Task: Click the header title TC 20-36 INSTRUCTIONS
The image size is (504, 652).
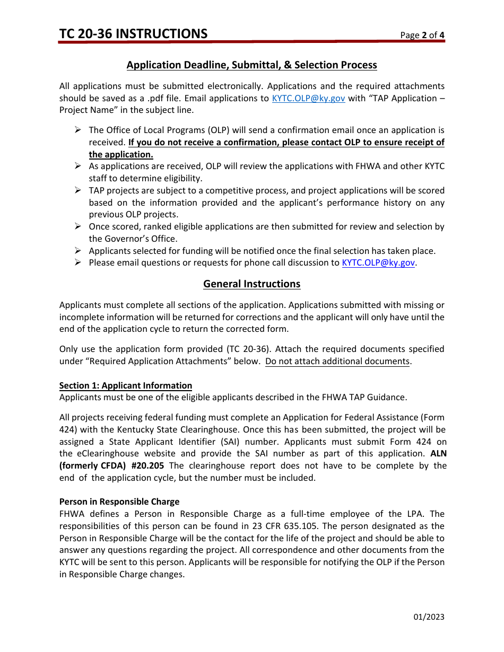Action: click(x=133, y=34)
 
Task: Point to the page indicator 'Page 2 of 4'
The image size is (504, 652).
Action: click(x=422, y=36)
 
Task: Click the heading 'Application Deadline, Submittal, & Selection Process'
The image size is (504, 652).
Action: click(x=251, y=65)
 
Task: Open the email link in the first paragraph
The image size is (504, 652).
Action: click(x=308, y=99)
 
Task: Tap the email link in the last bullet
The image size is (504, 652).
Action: click(x=378, y=263)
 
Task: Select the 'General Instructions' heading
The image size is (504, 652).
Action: click(x=251, y=284)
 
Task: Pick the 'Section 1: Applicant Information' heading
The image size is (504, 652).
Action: click(x=125, y=386)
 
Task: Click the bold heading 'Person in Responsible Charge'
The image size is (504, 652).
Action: click(x=119, y=502)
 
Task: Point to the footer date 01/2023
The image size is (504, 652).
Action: click(x=429, y=617)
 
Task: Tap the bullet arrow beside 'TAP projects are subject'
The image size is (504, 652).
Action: click(x=77, y=190)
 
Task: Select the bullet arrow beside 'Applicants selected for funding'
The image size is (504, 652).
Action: click(x=77, y=251)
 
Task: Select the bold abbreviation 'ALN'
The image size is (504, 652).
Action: click(x=438, y=454)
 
